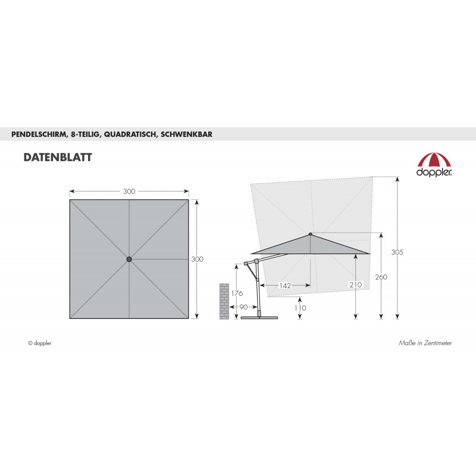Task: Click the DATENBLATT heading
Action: (58, 157)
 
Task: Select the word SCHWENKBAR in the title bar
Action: (186, 134)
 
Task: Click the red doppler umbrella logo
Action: (434, 164)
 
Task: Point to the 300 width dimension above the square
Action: (129, 192)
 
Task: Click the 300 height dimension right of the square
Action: (198, 259)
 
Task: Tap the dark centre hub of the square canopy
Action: (129, 259)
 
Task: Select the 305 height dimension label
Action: (397, 252)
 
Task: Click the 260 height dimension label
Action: (381, 277)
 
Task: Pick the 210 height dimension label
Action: (355, 285)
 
